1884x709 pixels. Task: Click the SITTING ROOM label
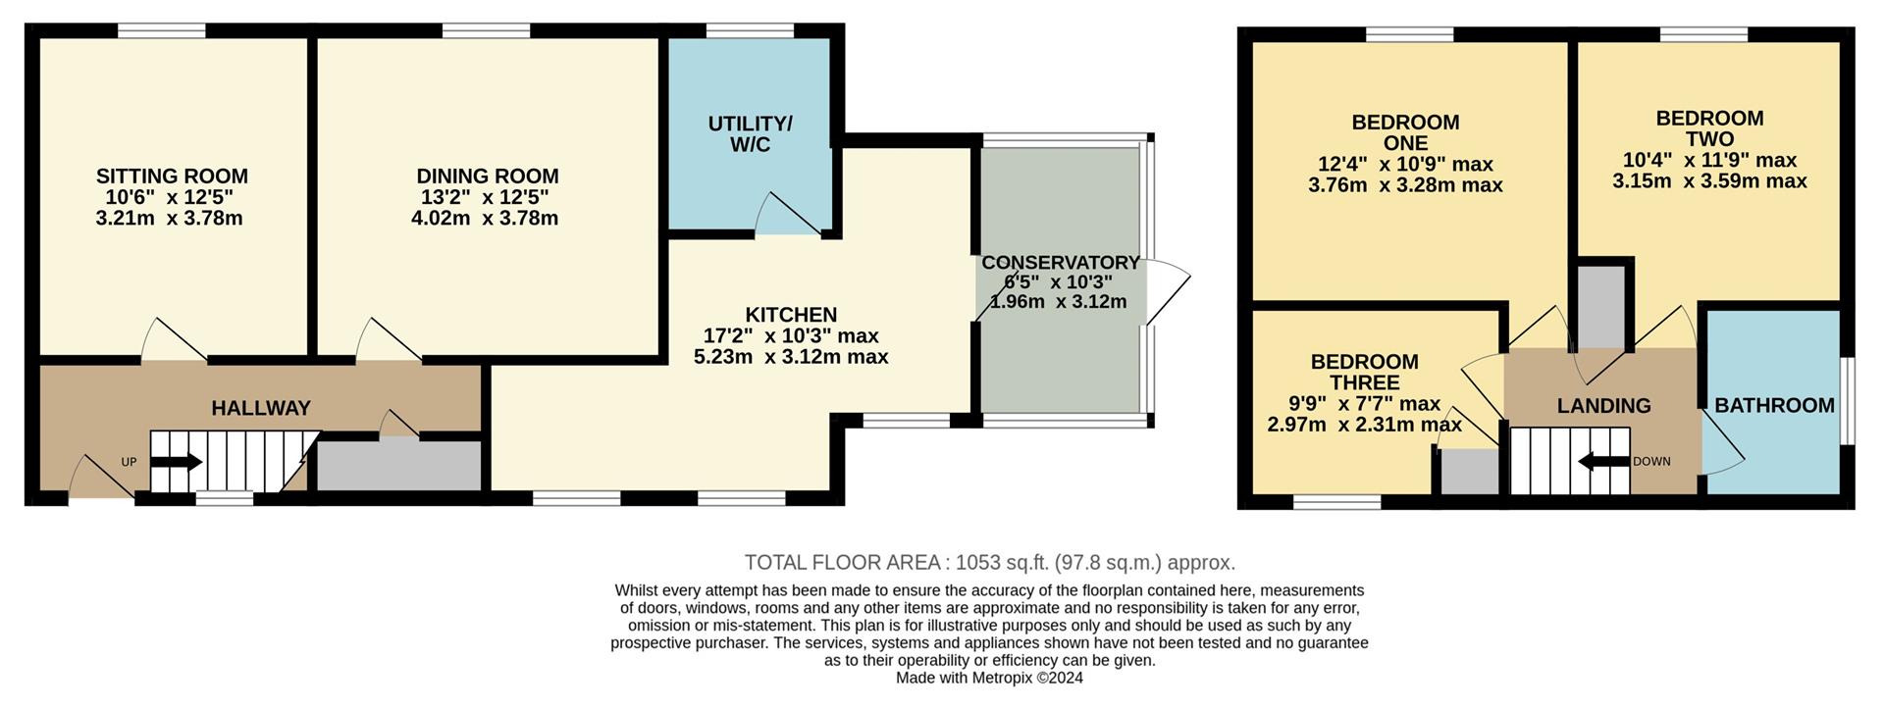click(x=172, y=177)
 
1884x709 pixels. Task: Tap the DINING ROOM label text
click(x=487, y=177)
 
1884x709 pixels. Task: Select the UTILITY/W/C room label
click(x=750, y=134)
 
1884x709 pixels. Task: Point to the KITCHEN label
click(x=791, y=315)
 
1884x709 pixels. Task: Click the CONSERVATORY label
click(x=1060, y=263)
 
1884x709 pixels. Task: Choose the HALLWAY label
click(x=261, y=408)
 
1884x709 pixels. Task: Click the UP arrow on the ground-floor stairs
click(x=176, y=463)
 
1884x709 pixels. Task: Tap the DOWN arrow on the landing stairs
click(x=1602, y=462)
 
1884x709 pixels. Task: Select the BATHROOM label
click(x=1774, y=405)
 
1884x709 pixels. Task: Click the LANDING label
click(x=1603, y=405)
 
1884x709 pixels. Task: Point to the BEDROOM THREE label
click(x=1364, y=372)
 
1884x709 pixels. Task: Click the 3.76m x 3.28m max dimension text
click(x=1405, y=185)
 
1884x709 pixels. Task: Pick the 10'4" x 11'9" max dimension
click(x=1709, y=160)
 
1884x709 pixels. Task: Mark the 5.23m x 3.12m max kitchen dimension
click(x=791, y=357)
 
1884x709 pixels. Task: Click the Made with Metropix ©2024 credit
click(x=989, y=678)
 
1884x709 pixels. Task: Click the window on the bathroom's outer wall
click(x=1846, y=400)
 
